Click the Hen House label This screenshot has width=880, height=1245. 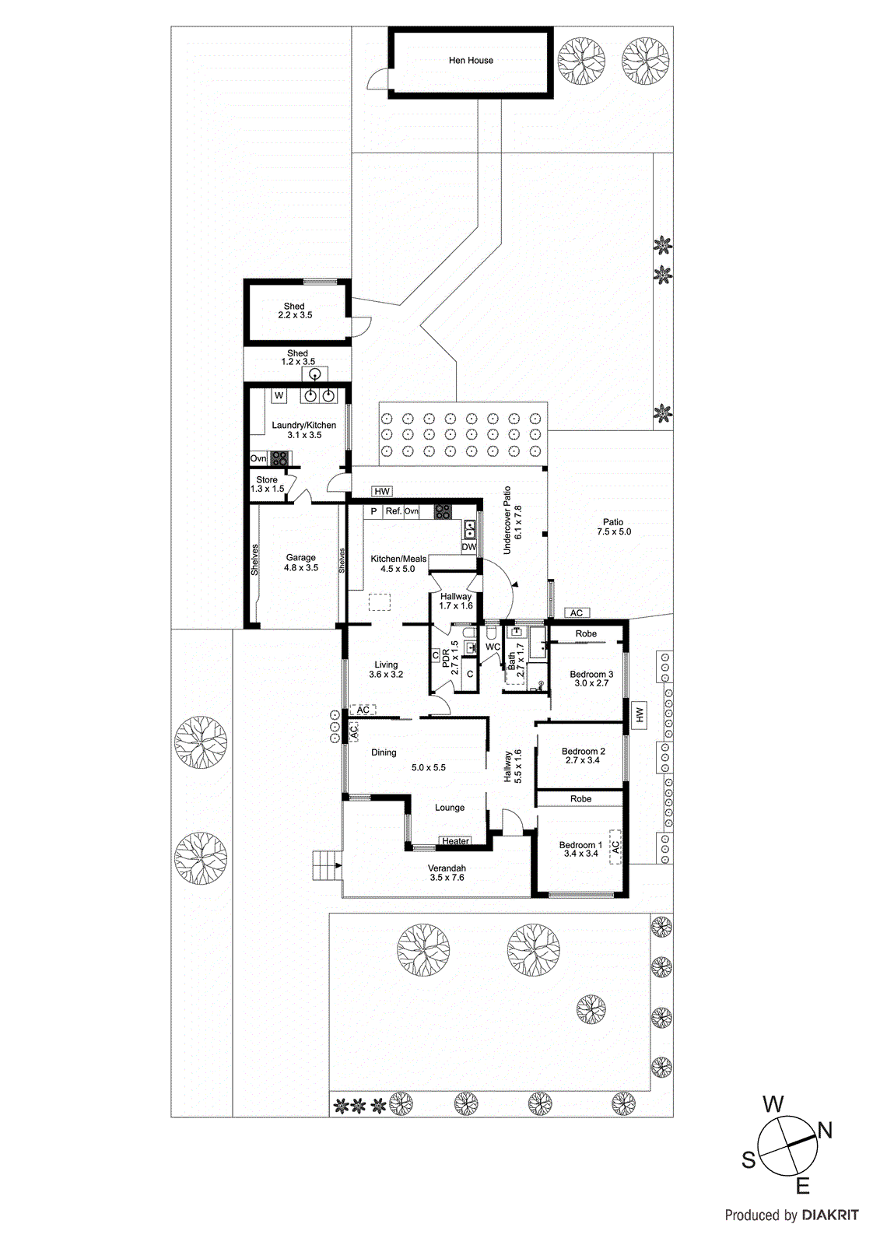tap(471, 60)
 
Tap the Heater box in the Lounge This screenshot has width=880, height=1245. tap(455, 840)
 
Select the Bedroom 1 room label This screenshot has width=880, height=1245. tap(580, 845)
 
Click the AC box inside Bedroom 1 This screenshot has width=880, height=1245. tap(615, 846)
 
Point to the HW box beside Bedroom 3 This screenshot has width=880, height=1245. tap(640, 714)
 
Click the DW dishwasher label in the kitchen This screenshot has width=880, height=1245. tap(468, 547)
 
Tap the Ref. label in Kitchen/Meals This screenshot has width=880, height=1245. tap(393, 511)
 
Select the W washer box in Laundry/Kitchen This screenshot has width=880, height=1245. tap(279, 395)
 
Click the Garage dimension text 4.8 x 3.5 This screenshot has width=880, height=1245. tap(301, 568)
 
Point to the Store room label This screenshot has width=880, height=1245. tap(267, 480)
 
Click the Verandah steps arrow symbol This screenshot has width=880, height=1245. tap(337, 864)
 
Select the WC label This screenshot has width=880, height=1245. tap(493, 647)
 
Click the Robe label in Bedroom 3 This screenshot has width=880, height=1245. tap(586, 633)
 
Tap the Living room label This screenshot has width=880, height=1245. tap(386, 665)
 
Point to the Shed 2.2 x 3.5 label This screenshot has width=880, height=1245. tap(295, 310)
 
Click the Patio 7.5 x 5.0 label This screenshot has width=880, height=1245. tap(613, 527)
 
